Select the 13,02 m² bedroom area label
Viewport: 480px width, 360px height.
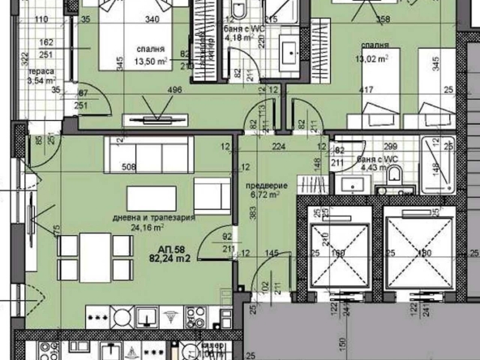[x=371, y=57]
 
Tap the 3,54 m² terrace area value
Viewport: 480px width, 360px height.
[x=40, y=80]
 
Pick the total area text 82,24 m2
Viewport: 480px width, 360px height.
[x=171, y=260]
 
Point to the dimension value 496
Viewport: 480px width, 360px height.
[x=174, y=91]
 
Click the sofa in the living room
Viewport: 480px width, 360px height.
[x=145, y=152]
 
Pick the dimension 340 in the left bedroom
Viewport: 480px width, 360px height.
[x=151, y=22]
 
